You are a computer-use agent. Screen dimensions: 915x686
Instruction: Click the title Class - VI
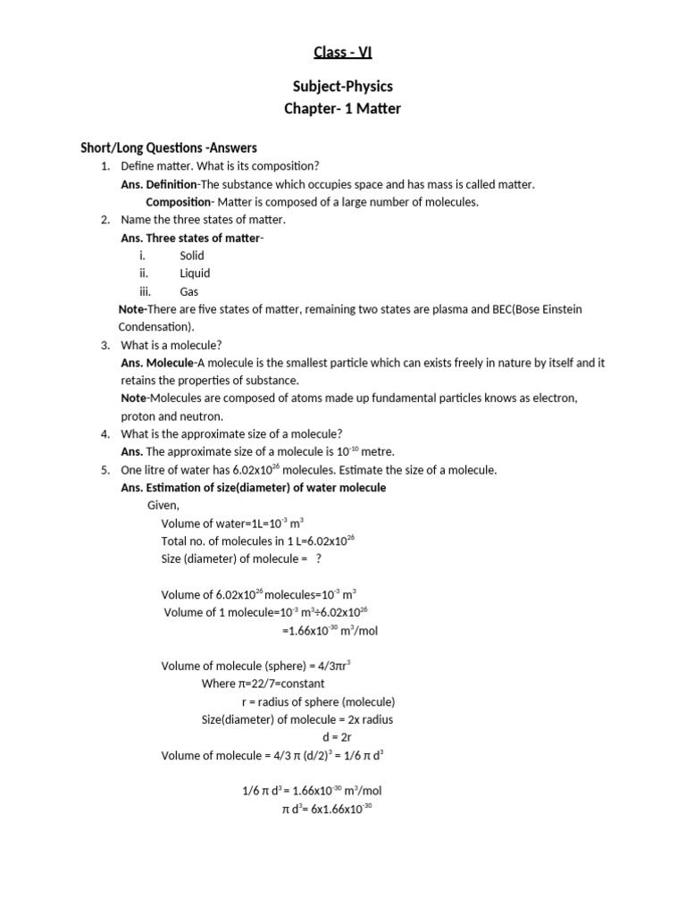pyautogui.click(x=343, y=52)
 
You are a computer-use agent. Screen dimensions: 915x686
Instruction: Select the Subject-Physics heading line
pyautogui.click(x=343, y=87)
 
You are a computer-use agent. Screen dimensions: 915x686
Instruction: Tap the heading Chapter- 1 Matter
pyautogui.click(x=343, y=109)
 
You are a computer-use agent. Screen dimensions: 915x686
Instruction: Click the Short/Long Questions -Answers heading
pyautogui.click(x=169, y=147)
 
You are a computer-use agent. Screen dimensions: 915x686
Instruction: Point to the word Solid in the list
pyautogui.click(x=192, y=256)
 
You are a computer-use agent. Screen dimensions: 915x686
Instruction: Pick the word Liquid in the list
pyautogui.click(x=195, y=273)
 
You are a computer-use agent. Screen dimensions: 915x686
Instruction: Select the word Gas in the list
pyautogui.click(x=189, y=291)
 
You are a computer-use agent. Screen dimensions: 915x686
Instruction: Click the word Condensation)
pyautogui.click(x=155, y=327)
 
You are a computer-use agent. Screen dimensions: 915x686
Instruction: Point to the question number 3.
pyautogui.click(x=105, y=345)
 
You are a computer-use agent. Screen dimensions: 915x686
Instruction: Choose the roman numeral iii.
pyautogui.click(x=145, y=291)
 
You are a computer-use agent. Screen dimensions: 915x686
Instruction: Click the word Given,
pyautogui.click(x=163, y=506)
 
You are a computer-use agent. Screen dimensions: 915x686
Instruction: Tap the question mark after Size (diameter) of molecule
pyautogui.click(x=319, y=558)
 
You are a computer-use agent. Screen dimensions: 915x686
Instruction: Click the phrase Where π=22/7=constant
pyautogui.click(x=264, y=684)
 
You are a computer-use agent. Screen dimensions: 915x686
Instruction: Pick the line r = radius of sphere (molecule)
pyautogui.click(x=324, y=701)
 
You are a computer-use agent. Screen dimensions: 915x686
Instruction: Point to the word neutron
pyautogui.click(x=204, y=416)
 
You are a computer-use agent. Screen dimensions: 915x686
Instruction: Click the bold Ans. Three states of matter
pyautogui.click(x=191, y=238)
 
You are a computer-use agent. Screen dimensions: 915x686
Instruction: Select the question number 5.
pyautogui.click(x=105, y=470)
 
